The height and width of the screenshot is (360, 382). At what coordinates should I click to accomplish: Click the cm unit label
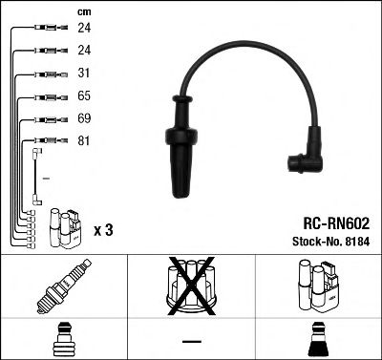pyautogui.click(x=81, y=11)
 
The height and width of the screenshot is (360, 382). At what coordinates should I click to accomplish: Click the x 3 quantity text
pyautogui.click(x=104, y=231)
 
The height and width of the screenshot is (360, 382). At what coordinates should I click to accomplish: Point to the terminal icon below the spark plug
pyautogui.click(x=63, y=340)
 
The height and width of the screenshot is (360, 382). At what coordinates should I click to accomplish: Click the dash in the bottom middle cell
pyautogui.click(x=191, y=341)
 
